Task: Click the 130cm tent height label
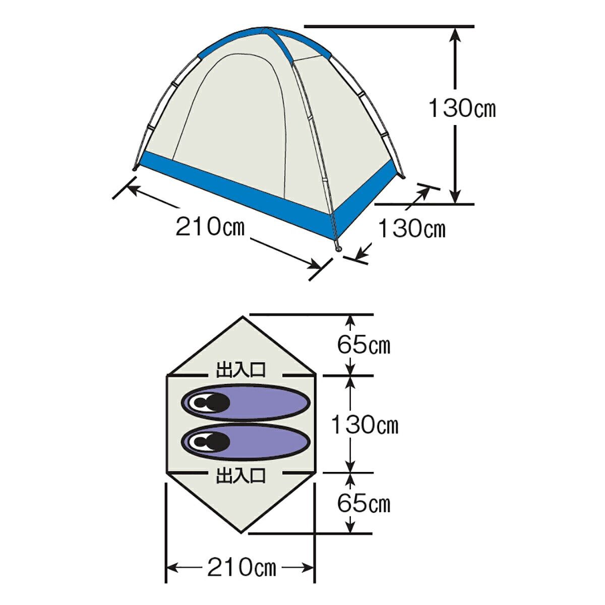[x=462, y=108]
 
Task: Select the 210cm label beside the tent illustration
[x=210, y=227]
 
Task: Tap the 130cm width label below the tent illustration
[x=412, y=228]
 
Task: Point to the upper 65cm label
[x=364, y=345]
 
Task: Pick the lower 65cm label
[x=364, y=504]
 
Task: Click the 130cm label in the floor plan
[x=365, y=425]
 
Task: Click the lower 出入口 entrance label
[x=241, y=475]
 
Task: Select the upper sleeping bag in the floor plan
[x=246, y=402]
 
